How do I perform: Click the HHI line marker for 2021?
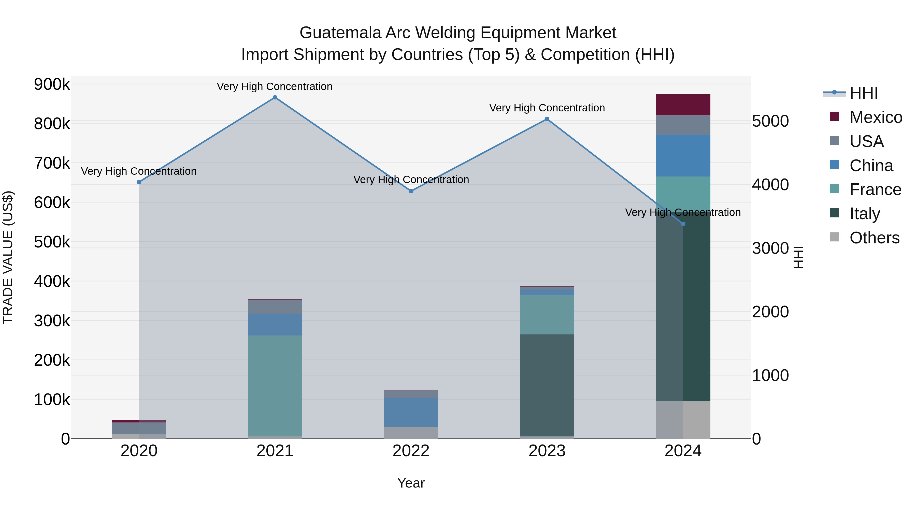pyautogui.click(x=275, y=97)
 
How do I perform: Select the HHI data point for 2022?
pyautogui.click(x=411, y=191)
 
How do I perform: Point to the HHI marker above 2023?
pyautogui.click(x=547, y=120)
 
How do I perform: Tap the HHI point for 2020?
pyautogui.click(x=139, y=182)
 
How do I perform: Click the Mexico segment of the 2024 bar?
pyautogui.click(x=683, y=105)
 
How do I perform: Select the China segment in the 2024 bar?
pyautogui.click(x=683, y=156)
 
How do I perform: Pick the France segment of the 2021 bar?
pyautogui.click(x=275, y=385)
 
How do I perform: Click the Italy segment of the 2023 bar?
pyautogui.click(x=547, y=385)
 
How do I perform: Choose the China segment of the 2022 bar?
pyautogui.click(x=411, y=412)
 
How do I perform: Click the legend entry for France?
pyautogui.click(x=875, y=190)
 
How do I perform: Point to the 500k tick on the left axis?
pyautogui.click(x=52, y=242)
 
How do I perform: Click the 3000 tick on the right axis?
pyautogui.click(x=770, y=248)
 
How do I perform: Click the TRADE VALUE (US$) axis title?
pyautogui.click(x=8, y=257)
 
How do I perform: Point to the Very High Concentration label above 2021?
pyautogui.click(x=275, y=87)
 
